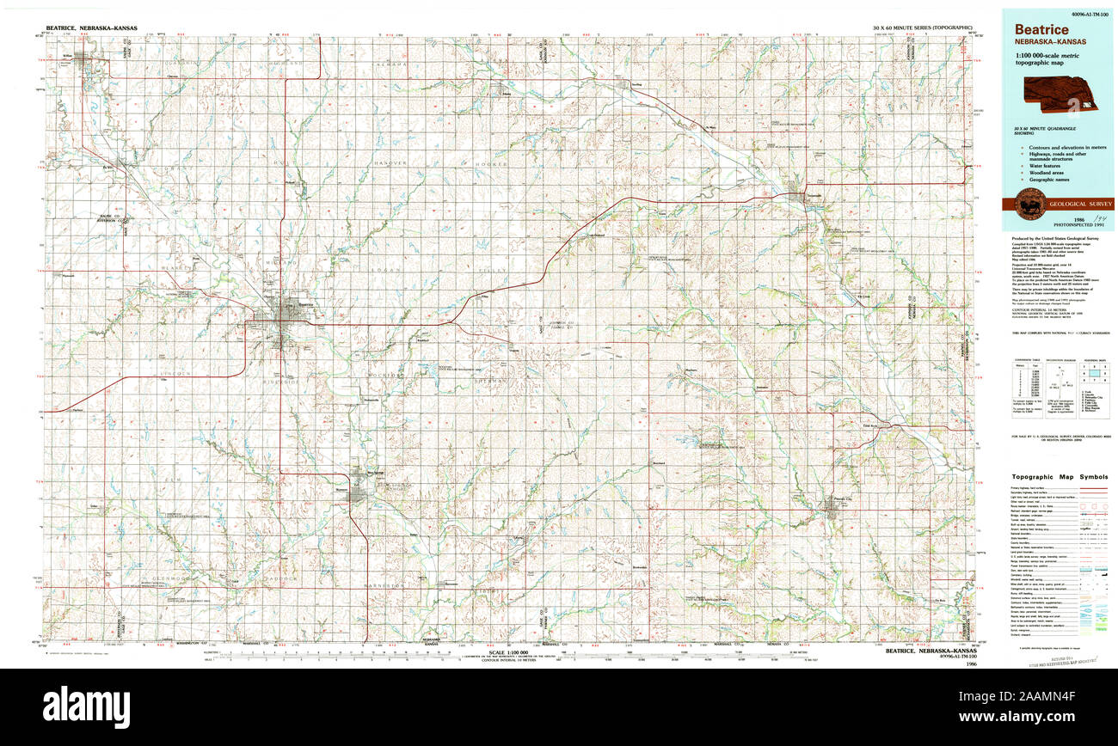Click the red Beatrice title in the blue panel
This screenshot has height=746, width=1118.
tap(1041, 30)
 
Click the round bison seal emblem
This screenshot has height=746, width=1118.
tap(1029, 205)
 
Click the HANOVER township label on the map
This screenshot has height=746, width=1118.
tap(390, 162)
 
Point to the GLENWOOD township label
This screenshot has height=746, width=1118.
tap(177, 578)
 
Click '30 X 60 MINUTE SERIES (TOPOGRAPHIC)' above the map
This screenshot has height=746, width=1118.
tap(921, 28)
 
